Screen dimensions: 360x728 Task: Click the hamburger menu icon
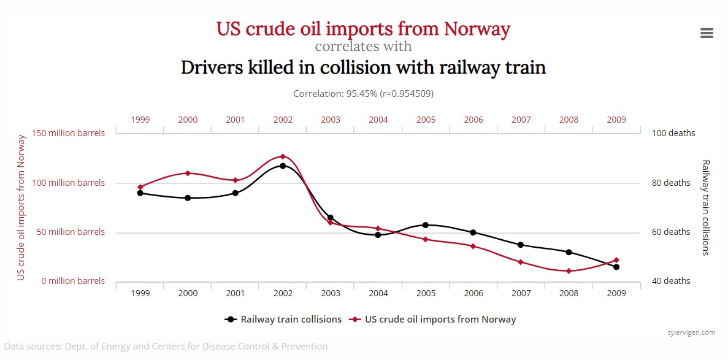pos(707,33)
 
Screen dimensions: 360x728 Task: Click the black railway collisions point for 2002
pos(283,166)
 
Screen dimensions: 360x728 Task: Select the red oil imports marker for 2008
pos(569,271)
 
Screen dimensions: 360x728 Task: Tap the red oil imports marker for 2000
pos(188,173)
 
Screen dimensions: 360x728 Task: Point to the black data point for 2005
pos(426,225)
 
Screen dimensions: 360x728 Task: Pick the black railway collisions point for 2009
pos(616,267)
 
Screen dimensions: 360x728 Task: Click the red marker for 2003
pos(331,223)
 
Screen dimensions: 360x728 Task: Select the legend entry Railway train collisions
pos(283,320)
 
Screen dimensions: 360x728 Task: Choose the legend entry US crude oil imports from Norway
pos(432,320)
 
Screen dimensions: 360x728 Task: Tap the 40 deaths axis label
pos(671,281)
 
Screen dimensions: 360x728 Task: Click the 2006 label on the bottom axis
pos(473,294)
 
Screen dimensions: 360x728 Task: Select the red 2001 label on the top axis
pos(236,120)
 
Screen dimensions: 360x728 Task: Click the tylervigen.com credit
pos(691,332)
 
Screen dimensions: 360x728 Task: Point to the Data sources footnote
pos(166,347)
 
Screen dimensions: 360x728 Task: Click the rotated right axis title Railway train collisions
pos(705,207)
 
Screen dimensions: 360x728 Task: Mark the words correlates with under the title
pos(363,47)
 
